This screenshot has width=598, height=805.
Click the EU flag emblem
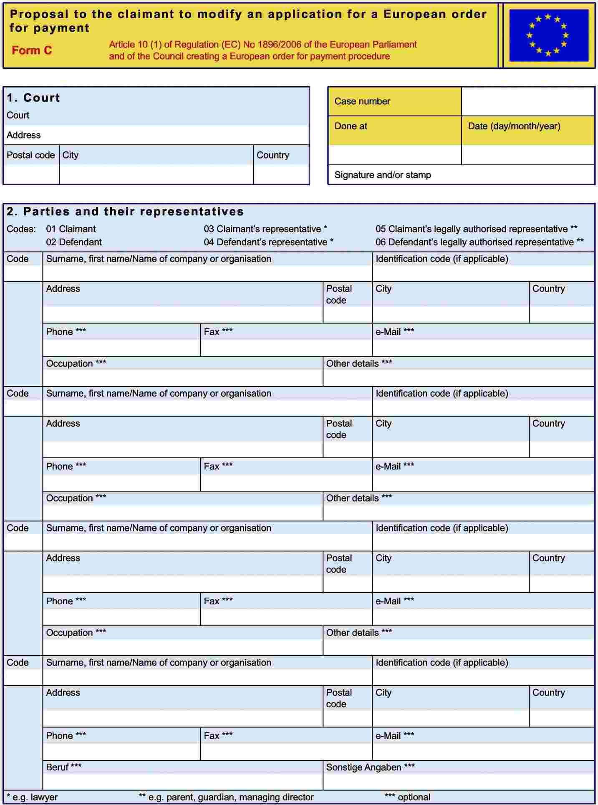click(548, 35)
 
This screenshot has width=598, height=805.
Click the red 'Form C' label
click(32, 50)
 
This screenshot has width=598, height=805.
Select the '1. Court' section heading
click(33, 98)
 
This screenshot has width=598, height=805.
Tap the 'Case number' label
click(362, 101)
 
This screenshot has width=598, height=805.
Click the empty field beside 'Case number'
click(527, 101)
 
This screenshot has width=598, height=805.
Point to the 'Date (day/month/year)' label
click(514, 126)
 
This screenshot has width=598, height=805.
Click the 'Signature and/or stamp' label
click(382, 175)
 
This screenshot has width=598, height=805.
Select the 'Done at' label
click(351, 126)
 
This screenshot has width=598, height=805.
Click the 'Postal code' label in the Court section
click(30, 155)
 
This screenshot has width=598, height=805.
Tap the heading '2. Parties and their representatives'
click(125, 212)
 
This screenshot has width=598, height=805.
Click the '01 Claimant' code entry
click(71, 229)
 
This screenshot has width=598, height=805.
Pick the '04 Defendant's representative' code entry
click(268, 242)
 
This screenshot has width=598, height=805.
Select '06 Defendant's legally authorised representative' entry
click(479, 242)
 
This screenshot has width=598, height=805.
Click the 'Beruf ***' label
click(63, 767)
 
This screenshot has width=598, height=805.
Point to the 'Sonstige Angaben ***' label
click(370, 767)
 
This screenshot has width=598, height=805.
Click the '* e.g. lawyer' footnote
click(32, 797)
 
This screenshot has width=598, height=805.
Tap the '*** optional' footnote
click(407, 797)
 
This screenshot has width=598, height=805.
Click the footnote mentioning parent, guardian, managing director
click(226, 797)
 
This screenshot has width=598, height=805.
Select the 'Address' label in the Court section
click(23, 135)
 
